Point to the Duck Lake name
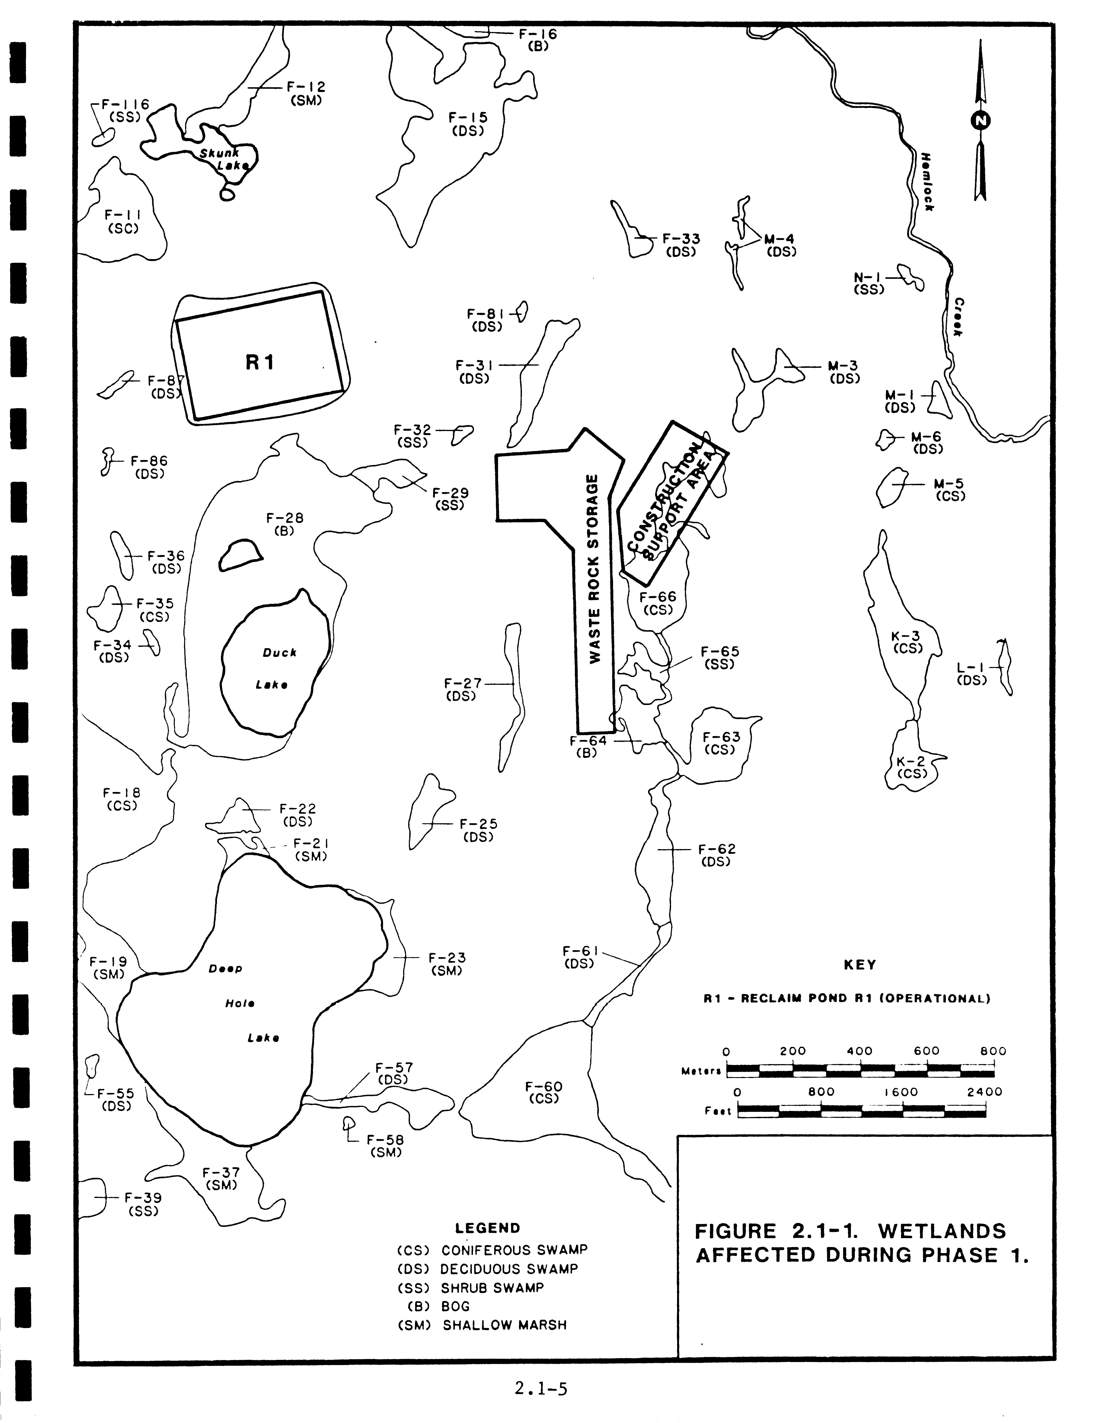[x=280, y=652]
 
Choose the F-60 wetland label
[x=543, y=1087]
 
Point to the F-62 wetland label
[x=717, y=849]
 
